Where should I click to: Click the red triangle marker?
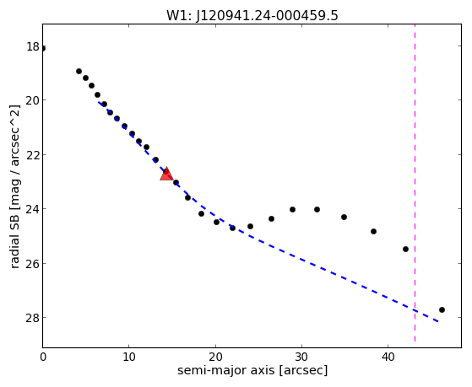[166, 174]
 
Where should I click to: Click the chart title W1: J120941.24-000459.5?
[252, 15]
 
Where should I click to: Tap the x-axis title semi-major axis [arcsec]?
[252, 370]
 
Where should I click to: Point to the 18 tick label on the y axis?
[33, 46]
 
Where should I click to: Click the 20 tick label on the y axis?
[33, 100]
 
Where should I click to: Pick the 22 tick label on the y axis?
[33, 155]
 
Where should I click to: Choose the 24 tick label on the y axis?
[33, 209]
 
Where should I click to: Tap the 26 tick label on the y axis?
[33, 263]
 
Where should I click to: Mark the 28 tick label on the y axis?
[33, 318]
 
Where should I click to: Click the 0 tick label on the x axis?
[43, 357]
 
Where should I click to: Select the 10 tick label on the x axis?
[129, 357]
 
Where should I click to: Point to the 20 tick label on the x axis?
[215, 357]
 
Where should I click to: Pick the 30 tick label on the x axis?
[301, 357]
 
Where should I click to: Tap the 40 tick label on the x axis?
[388, 357]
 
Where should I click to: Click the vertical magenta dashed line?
[415, 183]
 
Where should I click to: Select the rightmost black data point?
[442, 309]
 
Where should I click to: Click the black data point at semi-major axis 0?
[43, 48]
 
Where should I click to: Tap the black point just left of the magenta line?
[405, 249]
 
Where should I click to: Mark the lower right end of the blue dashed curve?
[438, 321]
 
